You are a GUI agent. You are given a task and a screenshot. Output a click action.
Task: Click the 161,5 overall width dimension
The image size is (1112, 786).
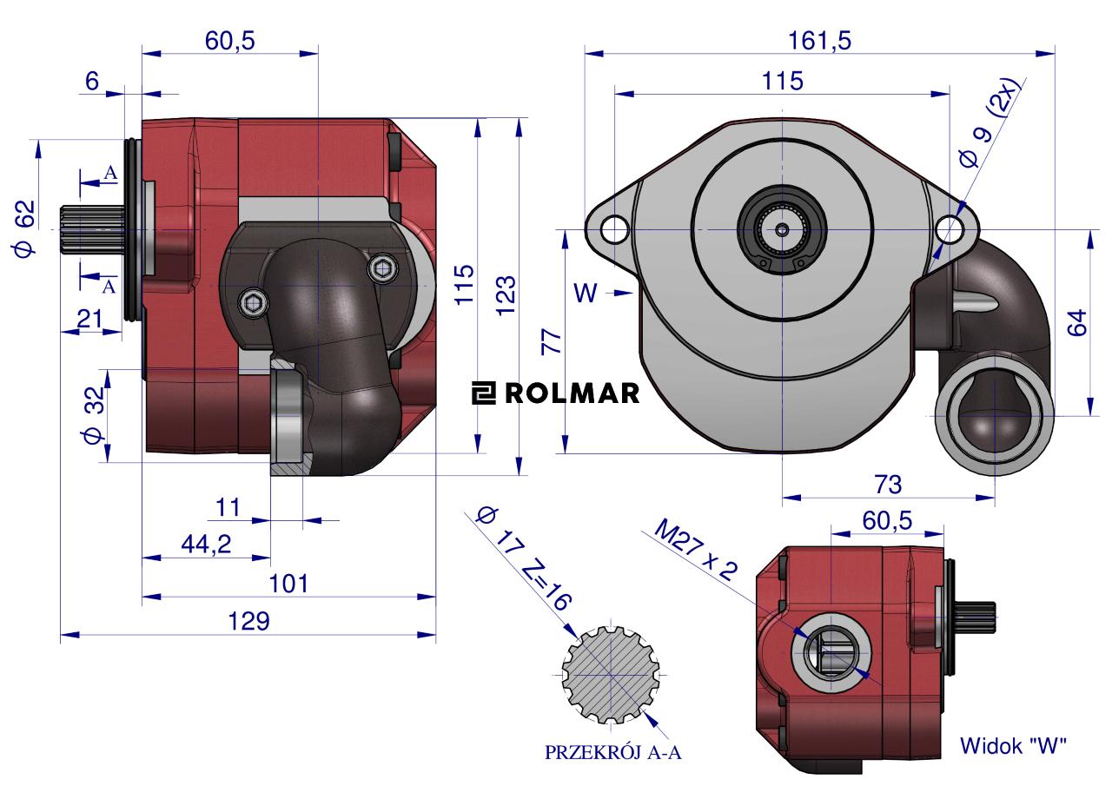pos(818,41)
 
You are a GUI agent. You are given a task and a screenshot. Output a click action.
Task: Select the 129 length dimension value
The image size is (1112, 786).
pos(249,622)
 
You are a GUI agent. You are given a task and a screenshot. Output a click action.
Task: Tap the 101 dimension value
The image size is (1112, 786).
pos(288,583)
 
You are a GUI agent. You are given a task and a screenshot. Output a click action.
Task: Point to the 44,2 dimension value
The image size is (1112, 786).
pos(205,545)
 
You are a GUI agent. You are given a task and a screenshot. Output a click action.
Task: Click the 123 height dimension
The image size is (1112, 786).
pos(506,295)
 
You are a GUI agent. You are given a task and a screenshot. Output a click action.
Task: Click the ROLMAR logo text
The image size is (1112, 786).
pos(556,393)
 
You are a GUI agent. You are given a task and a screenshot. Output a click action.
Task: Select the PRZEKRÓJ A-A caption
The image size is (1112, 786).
pos(613,753)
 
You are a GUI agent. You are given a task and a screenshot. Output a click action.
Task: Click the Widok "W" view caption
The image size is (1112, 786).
pos(1012,745)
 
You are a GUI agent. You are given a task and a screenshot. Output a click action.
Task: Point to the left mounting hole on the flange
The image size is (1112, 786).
pos(615,229)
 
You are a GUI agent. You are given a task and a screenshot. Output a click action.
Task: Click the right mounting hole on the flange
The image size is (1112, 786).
pos(949,229)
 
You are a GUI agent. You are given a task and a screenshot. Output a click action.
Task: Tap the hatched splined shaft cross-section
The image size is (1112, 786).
pos(610,675)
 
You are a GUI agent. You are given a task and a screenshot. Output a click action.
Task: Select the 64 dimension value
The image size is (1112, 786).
pos(1076,323)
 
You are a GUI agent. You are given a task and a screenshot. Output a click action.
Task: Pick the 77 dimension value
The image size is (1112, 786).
pos(551,340)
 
